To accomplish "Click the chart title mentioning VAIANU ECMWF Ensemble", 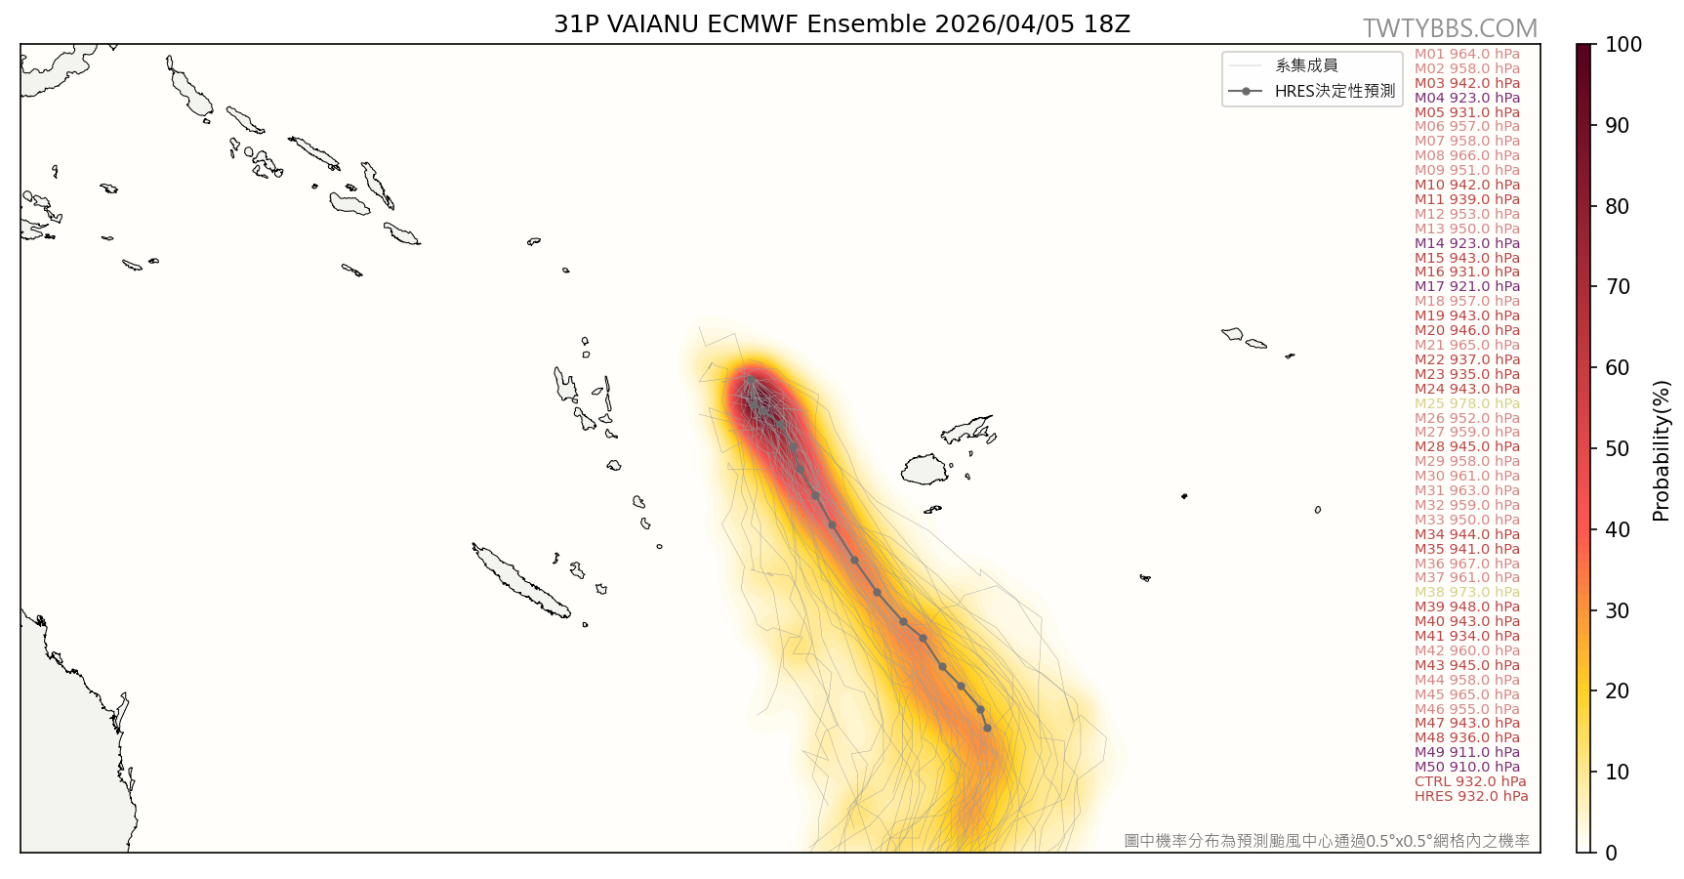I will point(842,24).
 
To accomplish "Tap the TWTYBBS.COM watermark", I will point(1450,28).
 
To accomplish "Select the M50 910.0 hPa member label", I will point(1466,768).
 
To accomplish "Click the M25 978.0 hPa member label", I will point(1466,403).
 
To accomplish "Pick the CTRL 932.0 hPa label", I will point(1469,782).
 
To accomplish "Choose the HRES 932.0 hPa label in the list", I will point(1470,797).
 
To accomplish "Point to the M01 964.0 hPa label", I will point(1466,55).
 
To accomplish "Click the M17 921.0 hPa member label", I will point(1466,287).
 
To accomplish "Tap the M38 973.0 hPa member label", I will point(1466,593).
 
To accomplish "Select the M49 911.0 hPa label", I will point(1466,753).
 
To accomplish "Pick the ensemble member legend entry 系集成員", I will point(1306,65).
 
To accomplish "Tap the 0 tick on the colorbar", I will point(1611,853).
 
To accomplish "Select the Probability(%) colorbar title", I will point(1661,450).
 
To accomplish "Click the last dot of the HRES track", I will point(987,728).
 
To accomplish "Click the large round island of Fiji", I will point(924,470).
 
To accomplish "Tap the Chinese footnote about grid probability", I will point(1326,841).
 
